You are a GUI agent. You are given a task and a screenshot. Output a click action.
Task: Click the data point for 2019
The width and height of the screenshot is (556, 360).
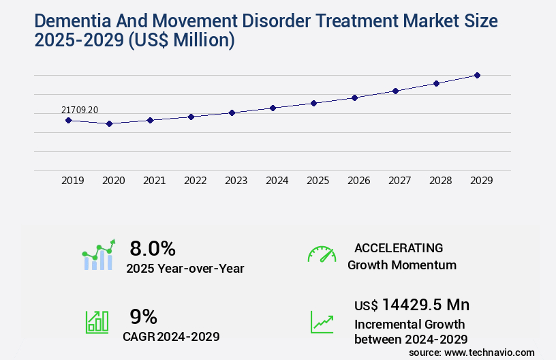[x=68, y=120]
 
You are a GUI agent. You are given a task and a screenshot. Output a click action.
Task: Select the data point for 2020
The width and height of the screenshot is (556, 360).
[x=109, y=123]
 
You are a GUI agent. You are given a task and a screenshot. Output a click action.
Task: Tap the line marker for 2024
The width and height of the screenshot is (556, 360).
[x=273, y=108]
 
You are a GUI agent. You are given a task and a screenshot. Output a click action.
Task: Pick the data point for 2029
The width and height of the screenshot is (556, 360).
[x=477, y=75]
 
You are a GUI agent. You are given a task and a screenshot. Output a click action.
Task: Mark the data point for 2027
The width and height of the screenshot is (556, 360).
[x=395, y=91]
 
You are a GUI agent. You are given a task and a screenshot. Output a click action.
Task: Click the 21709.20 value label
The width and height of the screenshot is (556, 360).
[x=80, y=110]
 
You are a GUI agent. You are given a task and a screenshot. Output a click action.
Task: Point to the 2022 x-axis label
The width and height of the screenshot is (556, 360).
[x=195, y=181]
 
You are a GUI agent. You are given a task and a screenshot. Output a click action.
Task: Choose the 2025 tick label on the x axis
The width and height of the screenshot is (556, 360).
[x=318, y=181]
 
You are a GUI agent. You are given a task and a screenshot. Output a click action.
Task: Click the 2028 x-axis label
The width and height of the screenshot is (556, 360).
[x=440, y=181]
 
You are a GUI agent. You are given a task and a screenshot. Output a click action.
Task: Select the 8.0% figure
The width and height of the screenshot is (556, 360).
[x=153, y=248]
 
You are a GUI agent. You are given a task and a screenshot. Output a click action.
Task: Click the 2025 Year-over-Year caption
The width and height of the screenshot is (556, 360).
[x=185, y=269]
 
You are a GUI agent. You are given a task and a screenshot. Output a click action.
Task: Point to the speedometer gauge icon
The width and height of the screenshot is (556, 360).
[x=322, y=254]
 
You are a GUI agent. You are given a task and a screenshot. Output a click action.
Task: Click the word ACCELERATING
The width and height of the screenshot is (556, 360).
[x=399, y=247]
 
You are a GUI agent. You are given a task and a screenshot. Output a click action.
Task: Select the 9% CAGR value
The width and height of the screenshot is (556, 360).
[x=144, y=316]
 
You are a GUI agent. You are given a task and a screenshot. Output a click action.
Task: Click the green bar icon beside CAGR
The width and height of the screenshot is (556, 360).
[x=97, y=321]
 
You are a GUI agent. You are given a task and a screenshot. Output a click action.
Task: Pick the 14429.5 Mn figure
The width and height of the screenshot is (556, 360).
[x=426, y=304]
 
